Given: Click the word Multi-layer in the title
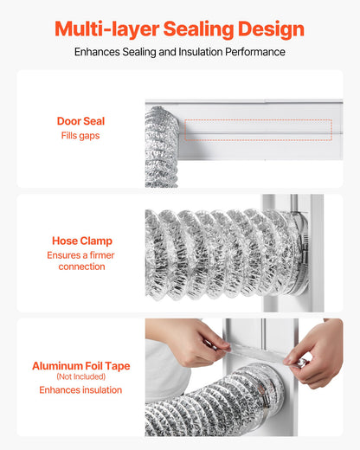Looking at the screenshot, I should point(102,29).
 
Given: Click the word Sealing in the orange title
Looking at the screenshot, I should point(196,29).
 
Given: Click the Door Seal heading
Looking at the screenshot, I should point(80,121).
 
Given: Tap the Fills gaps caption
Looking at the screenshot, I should point(80,136).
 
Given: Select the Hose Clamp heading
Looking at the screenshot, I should point(81,241).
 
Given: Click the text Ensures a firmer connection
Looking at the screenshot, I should point(81,260).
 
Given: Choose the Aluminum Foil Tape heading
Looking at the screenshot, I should point(81,366).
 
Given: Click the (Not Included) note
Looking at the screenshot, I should point(81,377).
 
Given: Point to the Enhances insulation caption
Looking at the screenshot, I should point(81,390).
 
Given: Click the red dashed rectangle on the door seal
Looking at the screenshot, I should point(257,130).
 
